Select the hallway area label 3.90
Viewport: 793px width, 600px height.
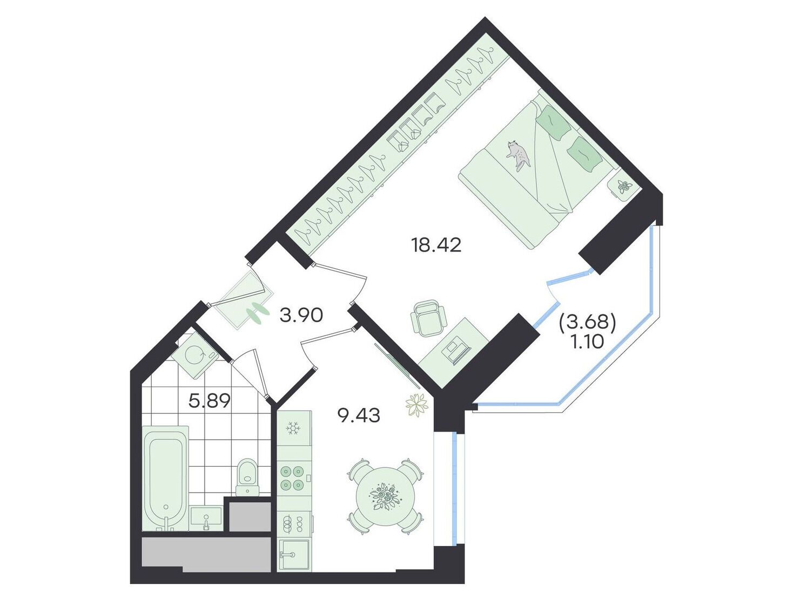coord(301,315)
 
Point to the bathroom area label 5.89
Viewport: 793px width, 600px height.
coord(210,400)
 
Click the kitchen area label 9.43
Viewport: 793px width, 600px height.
coord(358,416)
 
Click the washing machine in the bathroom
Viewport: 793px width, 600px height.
coord(194,356)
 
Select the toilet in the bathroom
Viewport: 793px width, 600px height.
coord(247,478)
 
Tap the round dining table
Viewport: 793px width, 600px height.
coord(385,495)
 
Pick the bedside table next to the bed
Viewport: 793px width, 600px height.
coord(623,186)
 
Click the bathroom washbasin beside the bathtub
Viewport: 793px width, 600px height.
coord(206,519)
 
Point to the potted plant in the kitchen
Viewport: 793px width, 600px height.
coord(416,405)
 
